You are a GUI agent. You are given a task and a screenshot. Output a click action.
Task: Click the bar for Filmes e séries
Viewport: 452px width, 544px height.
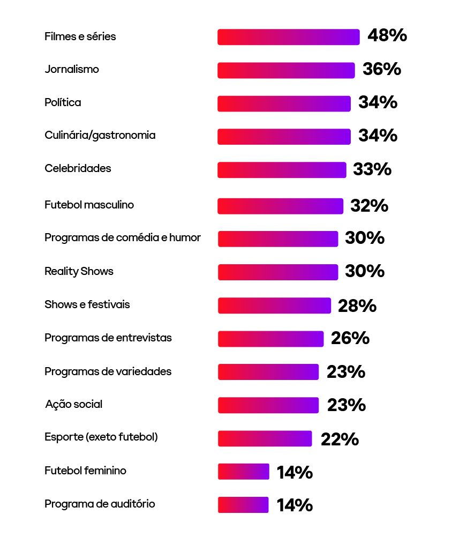click(288, 37)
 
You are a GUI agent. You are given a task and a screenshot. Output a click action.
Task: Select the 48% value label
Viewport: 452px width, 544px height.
click(387, 36)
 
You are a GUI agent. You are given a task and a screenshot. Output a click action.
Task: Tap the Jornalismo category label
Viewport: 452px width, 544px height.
click(72, 69)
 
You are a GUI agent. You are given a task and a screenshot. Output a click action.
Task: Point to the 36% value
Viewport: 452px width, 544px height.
click(382, 69)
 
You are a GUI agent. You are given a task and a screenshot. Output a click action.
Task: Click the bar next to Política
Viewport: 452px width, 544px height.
click(284, 103)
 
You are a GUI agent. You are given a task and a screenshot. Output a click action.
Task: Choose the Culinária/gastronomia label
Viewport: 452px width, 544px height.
click(100, 135)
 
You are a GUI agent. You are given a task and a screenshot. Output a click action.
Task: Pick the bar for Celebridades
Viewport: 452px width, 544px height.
click(282, 170)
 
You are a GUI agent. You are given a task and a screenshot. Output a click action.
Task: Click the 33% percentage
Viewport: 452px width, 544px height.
click(372, 169)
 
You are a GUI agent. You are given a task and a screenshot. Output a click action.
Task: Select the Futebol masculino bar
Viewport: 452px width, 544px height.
click(280, 206)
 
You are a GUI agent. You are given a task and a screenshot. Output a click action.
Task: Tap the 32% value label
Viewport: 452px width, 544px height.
click(369, 206)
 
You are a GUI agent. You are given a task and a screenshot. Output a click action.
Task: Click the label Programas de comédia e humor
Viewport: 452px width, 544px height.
click(123, 237)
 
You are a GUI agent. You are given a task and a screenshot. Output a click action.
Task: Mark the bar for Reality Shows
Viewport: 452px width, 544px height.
click(278, 272)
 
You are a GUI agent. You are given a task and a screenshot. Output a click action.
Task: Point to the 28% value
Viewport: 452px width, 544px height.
click(357, 306)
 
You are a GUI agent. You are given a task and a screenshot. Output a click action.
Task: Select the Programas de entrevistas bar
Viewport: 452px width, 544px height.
click(270, 339)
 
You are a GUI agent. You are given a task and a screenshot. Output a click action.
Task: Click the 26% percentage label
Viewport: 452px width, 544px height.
click(350, 339)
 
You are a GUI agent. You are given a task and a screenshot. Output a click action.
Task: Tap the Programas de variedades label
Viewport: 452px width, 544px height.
click(108, 371)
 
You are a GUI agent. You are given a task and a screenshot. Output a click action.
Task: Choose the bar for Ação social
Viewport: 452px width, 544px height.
click(268, 405)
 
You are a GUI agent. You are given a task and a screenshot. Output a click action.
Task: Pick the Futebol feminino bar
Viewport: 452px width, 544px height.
click(243, 472)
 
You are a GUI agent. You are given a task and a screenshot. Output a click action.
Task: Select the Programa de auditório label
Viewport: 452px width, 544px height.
click(100, 504)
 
